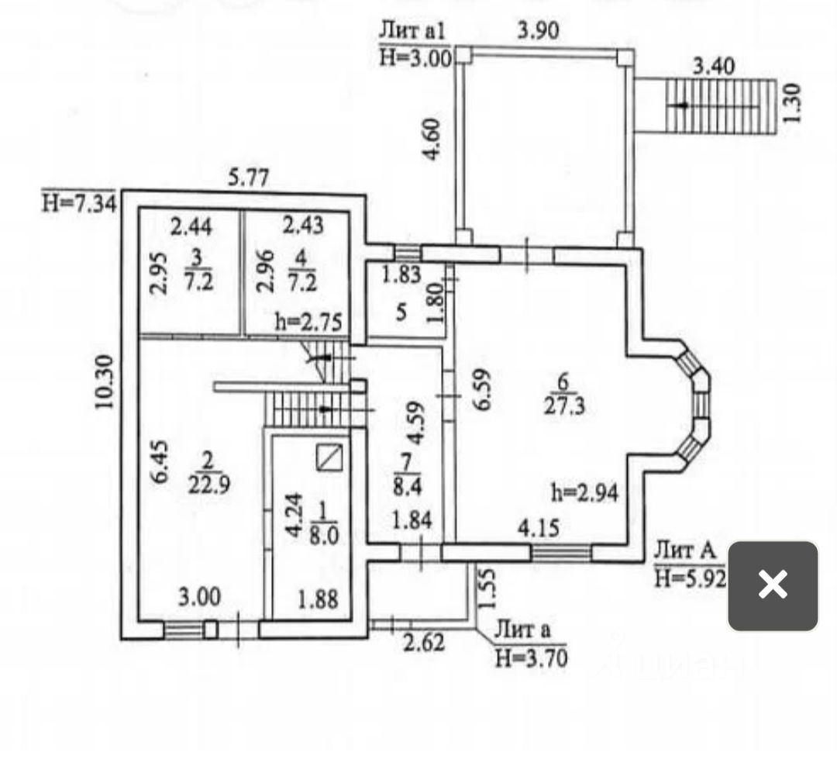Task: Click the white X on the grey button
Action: point(773,585)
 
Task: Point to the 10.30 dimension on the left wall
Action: point(105,381)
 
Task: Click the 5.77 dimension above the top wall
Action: point(248,178)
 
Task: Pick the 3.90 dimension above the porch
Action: point(538,31)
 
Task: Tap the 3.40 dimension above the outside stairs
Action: point(714,67)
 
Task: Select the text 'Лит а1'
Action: point(414,32)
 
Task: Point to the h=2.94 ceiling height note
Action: point(585,492)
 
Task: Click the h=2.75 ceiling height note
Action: point(309,322)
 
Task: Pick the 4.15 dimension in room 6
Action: point(538,529)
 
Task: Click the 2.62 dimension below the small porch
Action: point(423,642)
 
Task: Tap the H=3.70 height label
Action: point(531,658)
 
